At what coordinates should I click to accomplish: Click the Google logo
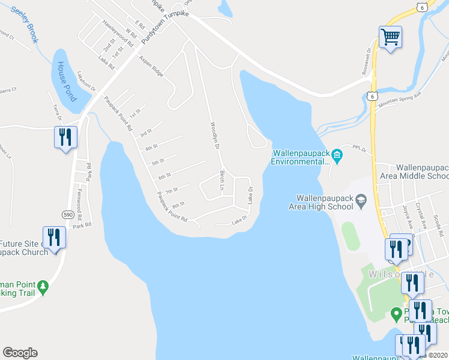(20, 353)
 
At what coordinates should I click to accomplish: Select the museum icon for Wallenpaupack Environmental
(337, 157)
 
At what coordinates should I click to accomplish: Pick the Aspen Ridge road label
(151, 66)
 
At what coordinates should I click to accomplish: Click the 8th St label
(178, 205)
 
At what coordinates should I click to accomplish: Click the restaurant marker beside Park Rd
(65, 137)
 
